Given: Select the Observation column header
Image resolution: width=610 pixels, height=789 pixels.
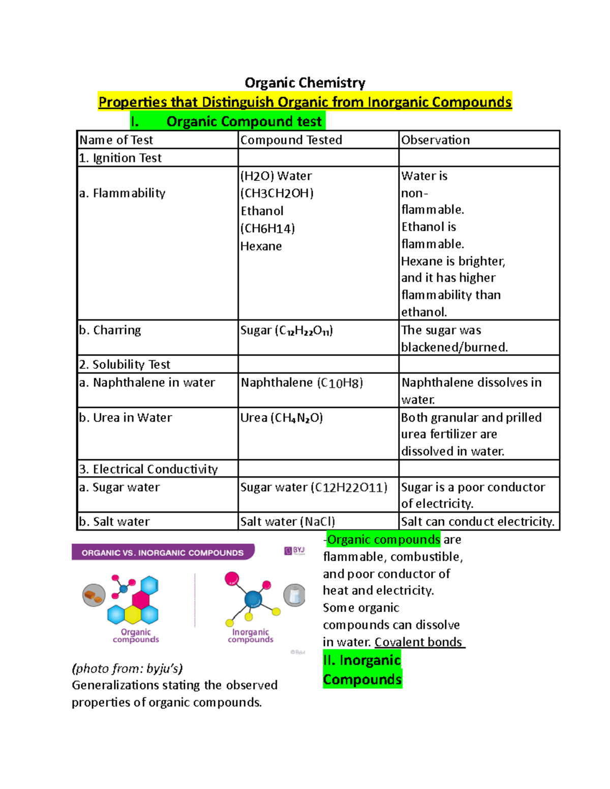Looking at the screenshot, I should [x=436, y=140].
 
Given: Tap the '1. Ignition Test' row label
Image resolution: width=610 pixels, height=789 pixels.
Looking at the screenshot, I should [x=120, y=158].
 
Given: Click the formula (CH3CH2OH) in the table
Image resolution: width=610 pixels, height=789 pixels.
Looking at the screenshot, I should [x=277, y=194].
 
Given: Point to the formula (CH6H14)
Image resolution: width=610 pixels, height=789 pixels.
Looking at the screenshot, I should [x=268, y=229].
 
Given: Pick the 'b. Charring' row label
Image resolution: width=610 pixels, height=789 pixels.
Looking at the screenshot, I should [x=110, y=330].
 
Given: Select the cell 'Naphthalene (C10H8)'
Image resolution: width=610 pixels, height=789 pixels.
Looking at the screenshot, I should [x=302, y=383].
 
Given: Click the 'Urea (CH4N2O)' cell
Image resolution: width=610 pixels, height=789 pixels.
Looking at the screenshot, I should [x=282, y=418].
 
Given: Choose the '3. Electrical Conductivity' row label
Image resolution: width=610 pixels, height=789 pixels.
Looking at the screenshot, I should [x=148, y=469].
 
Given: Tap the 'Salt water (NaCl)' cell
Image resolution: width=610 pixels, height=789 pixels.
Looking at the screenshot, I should [x=288, y=522].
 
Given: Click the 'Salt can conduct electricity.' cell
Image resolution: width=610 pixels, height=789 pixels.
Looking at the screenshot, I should [x=477, y=522].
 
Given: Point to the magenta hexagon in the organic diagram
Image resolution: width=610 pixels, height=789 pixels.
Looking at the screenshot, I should [x=141, y=600].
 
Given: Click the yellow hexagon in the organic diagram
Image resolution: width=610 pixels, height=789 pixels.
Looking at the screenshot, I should [x=133, y=615].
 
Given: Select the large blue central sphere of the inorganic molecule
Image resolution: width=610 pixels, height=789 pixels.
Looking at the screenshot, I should [x=253, y=599].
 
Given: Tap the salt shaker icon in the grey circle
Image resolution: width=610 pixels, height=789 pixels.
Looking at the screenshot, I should [x=294, y=595].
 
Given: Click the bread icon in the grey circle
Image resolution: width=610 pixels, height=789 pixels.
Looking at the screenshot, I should [x=94, y=595].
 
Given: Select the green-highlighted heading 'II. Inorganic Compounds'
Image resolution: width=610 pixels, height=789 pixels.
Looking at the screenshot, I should [x=362, y=670].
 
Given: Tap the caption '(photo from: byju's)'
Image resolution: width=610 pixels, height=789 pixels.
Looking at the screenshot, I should [x=127, y=669].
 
